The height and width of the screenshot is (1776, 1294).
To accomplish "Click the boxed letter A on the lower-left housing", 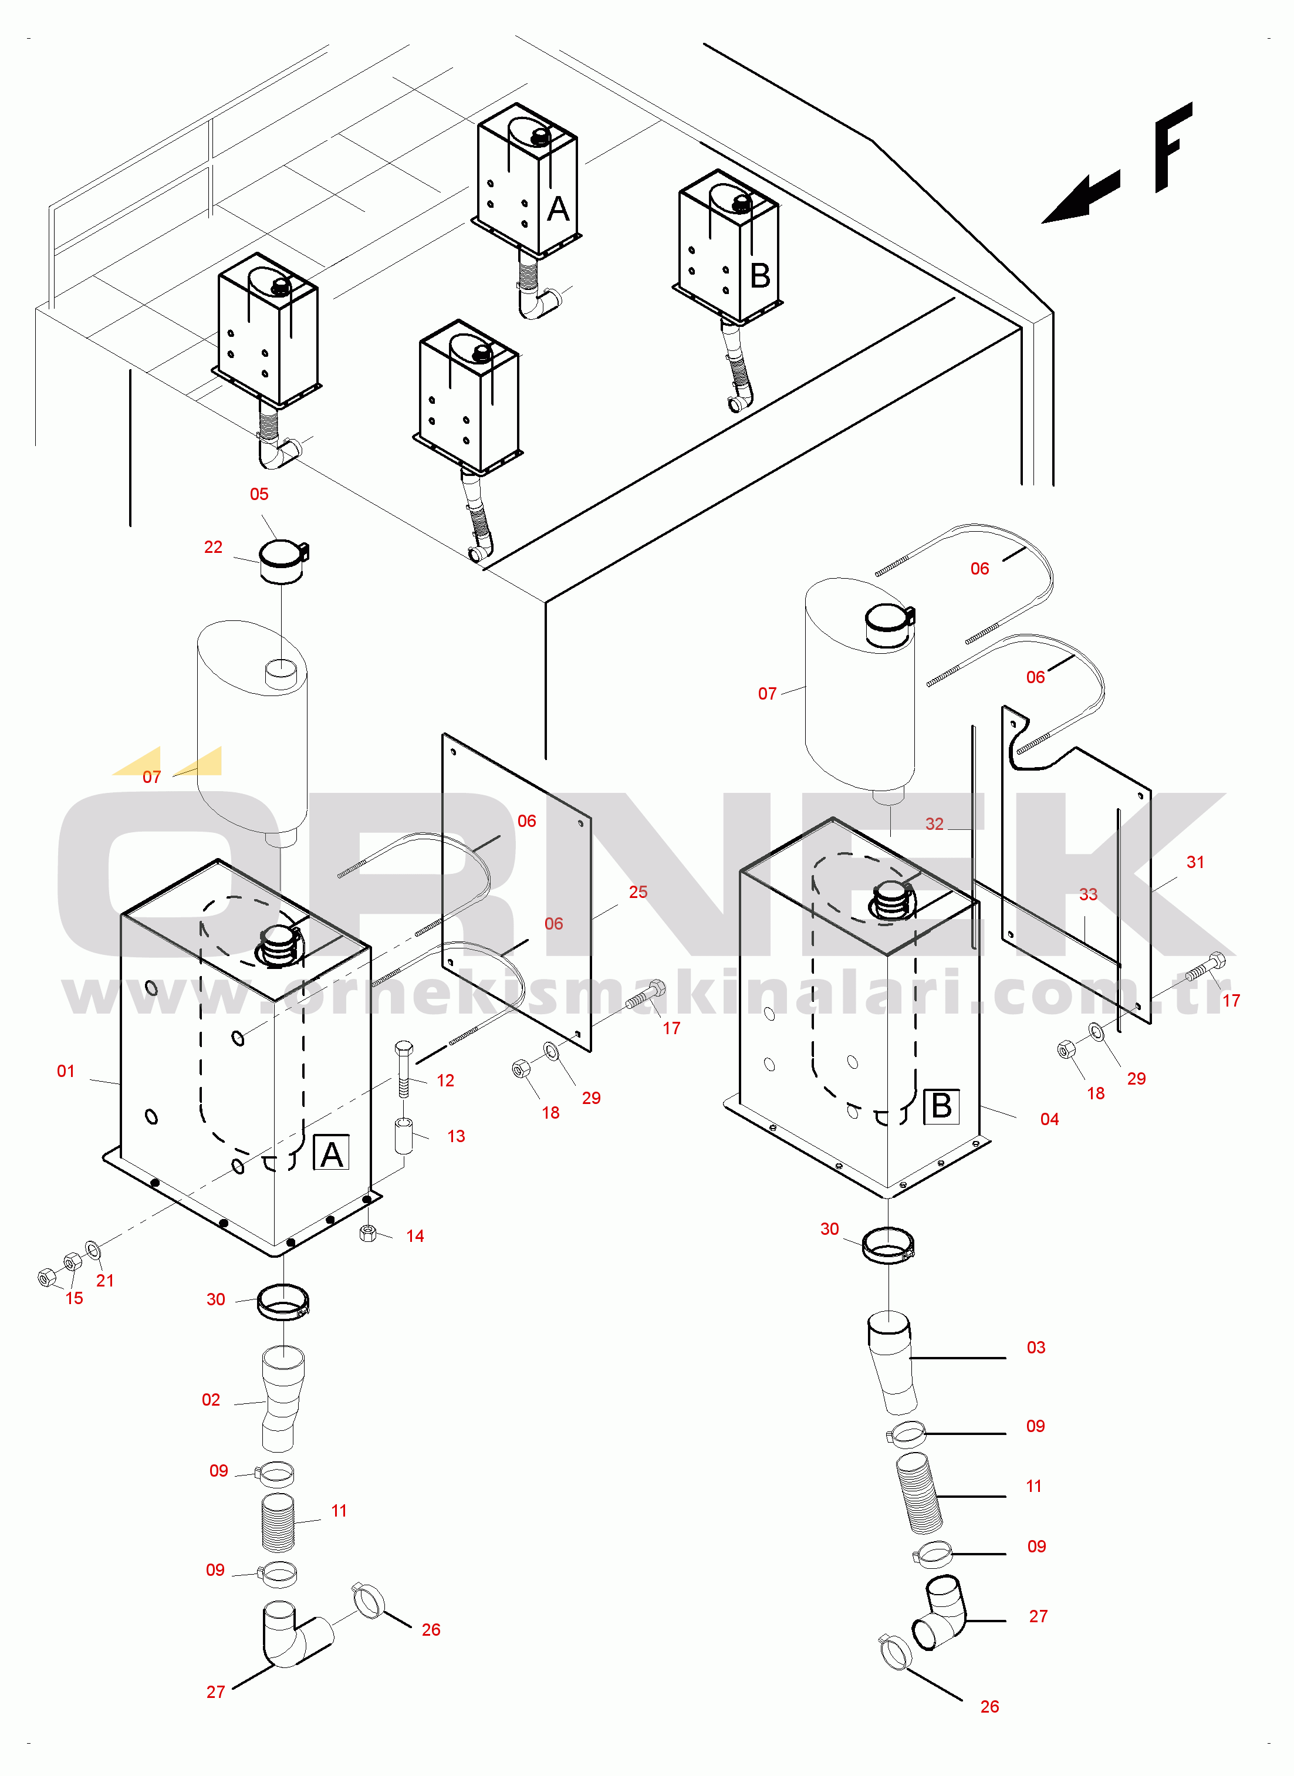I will pyautogui.click(x=332, y=1154).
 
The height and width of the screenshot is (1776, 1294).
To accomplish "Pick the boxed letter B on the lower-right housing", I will pyautogui.click(x=941, y=1106).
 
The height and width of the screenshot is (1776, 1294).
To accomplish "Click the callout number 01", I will pyautogui.click(x=66, y=1071).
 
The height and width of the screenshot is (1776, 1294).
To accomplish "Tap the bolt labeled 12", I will pyautogui.click(x=403, y=1068).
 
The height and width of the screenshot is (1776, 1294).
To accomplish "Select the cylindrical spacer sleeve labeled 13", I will pyautogui.click(x=403, y=1136).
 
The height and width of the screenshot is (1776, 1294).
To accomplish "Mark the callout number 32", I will pyautogui.click(x=934, y=824).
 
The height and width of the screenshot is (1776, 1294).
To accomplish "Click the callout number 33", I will pyautogui.click(x=1087, y=894).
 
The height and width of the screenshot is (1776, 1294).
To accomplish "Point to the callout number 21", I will pyautogui.click(x=105, y=1281).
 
